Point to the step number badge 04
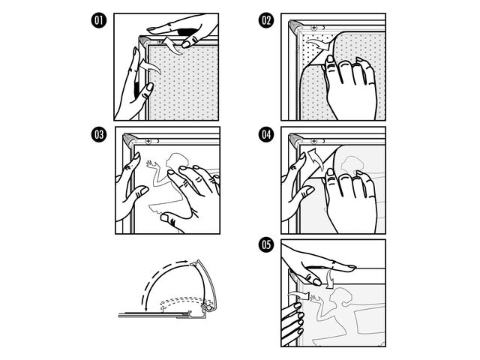click(x=265, y=136)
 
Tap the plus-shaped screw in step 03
click(x=148, y=140)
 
